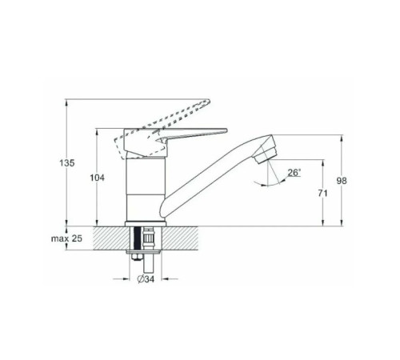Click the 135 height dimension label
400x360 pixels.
(67, 163)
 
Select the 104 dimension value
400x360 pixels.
(97, 178)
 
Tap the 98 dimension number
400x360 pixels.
(342, 181)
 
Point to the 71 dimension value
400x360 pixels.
(322, 193)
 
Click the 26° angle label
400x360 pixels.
(294, 173)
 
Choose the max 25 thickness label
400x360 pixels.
(66, 238)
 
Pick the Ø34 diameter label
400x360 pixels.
(146, 279)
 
